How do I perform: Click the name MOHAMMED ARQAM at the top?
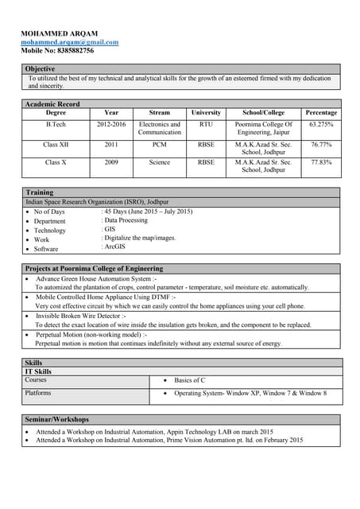pyautogui.click(x=60, y=33)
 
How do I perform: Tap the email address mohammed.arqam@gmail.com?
pyautogui.click(x=69, y=42)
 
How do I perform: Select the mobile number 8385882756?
pyautogui.click(x=57, y=50)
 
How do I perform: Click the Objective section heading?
pyautogui.click(x=40, y=69)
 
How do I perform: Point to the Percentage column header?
pyautogui.click(x=321, y=113)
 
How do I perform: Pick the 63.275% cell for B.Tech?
pyautogui.click(x=321, y=125)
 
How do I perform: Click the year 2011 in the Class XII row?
pyautogui.click(x=111, y=145)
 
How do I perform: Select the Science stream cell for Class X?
pyautogui.click(x=159, y=162)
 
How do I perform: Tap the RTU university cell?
pyautogui.click(x=206, y=125)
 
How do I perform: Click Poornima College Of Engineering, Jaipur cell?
pyautogui.click(x=264, y=129)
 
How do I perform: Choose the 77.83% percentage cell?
pyautogui.click(x=321, y=162)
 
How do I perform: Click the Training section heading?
pyautogui.click(x=39, y=192)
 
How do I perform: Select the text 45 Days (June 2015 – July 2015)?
pyautogui.click(x=149, y=212)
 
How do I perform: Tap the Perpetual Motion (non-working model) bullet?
pyautogui.click(x=91, y=335)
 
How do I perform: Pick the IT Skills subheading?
pyautogui.click(x=38, y=371)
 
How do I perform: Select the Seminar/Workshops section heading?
pyautogui.click(x=56, y=419)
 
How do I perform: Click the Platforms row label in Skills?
pyautogui.click(x=38, y=393)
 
